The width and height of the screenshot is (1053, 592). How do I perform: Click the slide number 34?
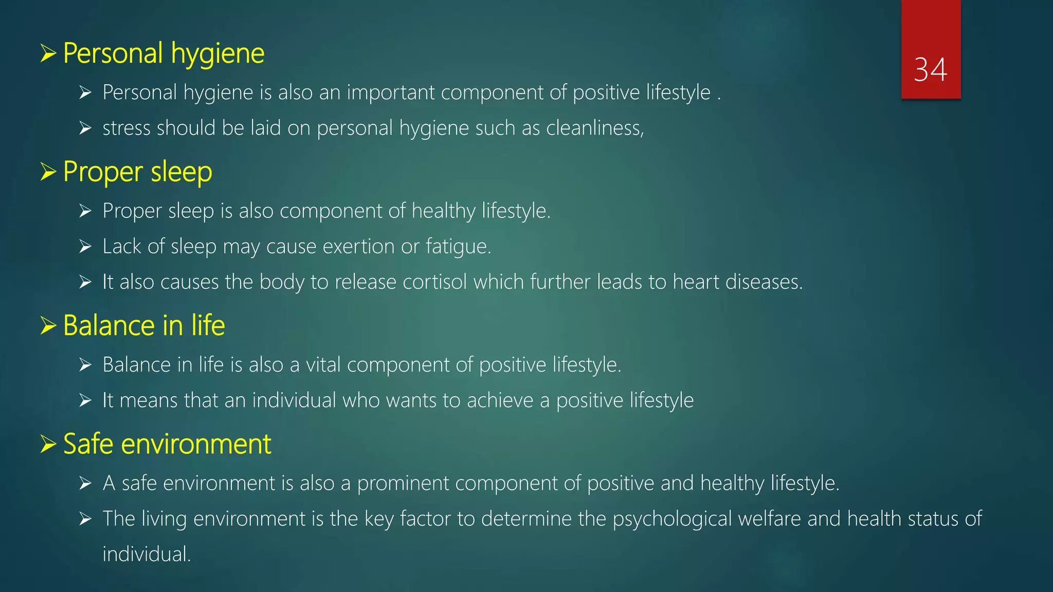930,70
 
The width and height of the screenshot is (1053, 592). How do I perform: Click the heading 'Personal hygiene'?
164,53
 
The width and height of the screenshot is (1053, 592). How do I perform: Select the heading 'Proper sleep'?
137,172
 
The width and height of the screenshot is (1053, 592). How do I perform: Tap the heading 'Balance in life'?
144,326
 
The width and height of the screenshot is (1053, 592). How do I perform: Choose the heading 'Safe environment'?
167,444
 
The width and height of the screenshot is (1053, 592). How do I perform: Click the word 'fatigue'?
458,247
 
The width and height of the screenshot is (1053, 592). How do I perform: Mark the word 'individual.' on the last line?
147,554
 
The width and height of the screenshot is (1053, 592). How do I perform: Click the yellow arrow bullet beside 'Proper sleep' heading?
48,172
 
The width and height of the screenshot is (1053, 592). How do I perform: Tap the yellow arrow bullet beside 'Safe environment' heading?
48,444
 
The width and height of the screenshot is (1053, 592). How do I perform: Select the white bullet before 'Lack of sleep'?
85,247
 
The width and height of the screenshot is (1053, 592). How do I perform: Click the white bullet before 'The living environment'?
85,519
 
